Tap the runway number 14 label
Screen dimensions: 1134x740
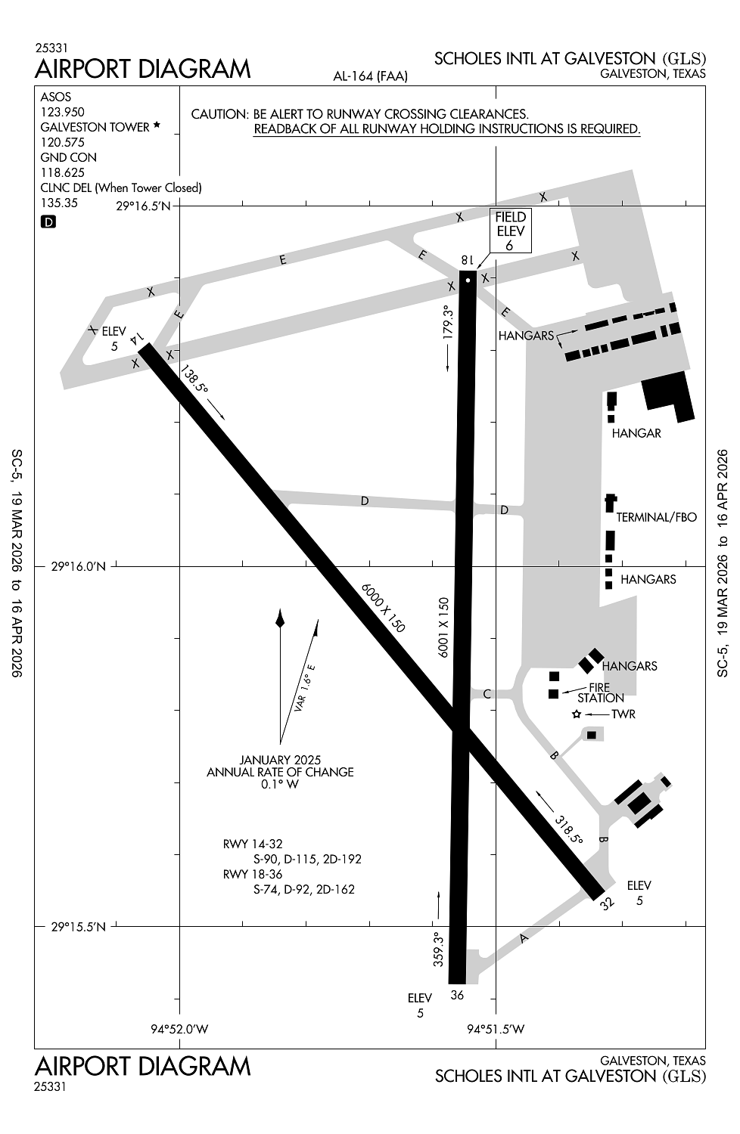(x=137, y=339)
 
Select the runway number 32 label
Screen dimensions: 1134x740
(x=607, y=903)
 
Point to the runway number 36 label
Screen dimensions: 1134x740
(x=457, y=995)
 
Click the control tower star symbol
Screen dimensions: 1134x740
(x=577, y=714)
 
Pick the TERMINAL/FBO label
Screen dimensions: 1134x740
(x=656, y=518)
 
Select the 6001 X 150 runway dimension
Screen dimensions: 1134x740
(x=444, y=627)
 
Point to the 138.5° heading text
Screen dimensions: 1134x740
(x=194, y=378)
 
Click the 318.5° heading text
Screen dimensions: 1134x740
(x=567, y=829)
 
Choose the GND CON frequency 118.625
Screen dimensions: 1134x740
(x=63, y=172)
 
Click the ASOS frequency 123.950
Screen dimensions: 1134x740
(x=63, y=112)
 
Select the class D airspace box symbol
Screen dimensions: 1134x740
(x=48, y=222)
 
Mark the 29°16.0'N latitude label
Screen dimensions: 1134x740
(x=79, y=565)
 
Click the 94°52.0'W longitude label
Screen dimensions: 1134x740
(x=179, y=1029)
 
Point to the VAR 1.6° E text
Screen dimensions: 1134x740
(x=305, y=688)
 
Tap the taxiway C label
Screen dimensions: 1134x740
(x=487, y=694)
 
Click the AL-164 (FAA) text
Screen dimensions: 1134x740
(x=370, y=76)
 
